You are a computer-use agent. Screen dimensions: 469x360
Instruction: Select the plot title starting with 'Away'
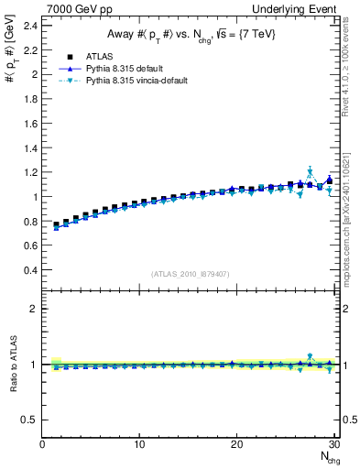point(190,35)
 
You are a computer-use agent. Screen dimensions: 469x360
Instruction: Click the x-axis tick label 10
point(139,444)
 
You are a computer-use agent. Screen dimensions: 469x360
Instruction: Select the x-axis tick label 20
point(237,444)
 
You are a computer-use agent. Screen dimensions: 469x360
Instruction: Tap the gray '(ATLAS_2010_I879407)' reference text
point(190,273)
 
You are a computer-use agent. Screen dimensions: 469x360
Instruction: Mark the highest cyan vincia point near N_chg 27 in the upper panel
point(310,171)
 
